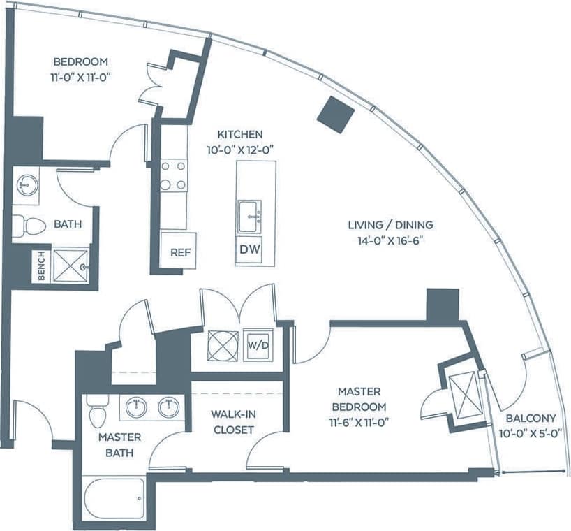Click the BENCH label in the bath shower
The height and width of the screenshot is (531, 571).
click(41, 265)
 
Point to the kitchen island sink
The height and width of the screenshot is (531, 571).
click(249, 215)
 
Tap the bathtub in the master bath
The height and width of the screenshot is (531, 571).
click(114, 497)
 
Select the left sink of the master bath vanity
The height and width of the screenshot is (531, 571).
click(136, 407)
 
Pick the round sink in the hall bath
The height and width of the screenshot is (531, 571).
click(27, 185)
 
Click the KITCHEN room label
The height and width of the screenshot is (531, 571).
click(239, 134)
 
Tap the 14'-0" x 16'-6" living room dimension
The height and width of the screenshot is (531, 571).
click(390, 239)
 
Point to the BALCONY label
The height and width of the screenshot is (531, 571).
click(531, 419)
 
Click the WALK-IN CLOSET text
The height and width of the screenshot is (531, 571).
click(233, 422)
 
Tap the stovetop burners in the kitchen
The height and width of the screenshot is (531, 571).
click(174, 175)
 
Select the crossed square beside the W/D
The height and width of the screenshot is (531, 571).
click(223, 344)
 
